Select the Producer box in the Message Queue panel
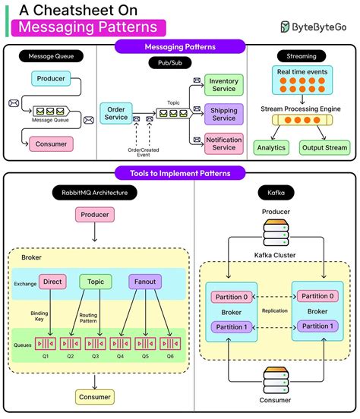point(50,77)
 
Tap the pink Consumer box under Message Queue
point(50,143)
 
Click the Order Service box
point(118,112)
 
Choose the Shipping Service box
point(223,114)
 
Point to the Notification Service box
point(223,143)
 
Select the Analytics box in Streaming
point(271,147)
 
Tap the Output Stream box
point(324,147)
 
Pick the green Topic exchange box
point(95,282)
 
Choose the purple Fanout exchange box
point(145,282)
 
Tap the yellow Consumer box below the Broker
point(94,396)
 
